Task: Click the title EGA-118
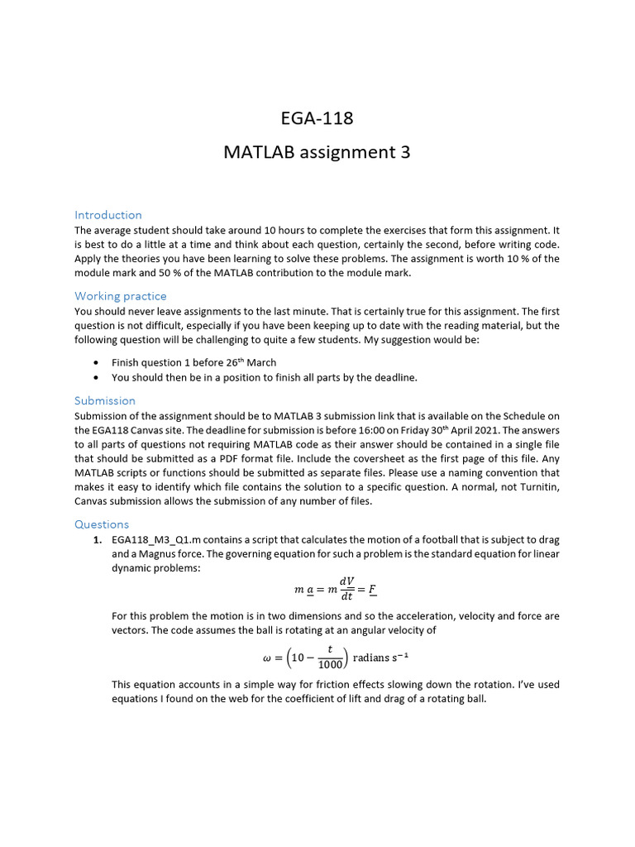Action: pyautogui.click(x=317, y=118)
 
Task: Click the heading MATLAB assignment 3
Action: pyautogui.click(x=317, y=152)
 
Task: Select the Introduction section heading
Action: pyautogui.click(x=108, y=215)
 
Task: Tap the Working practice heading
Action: pyautogui.click(x=121, y=296)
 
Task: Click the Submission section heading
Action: pyautogui.click(x=105, y=401)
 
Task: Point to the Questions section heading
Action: pyautogui.click(x=102, y=524)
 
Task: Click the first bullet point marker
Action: pyautogui.click(x=98, y=363)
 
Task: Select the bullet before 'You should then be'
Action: pyautogui.click(x=98, y=378)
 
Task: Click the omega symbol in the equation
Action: pyautogui.click(x=265, y=659)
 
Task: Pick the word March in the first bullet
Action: pyautogui.click(x=261, y=363)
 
